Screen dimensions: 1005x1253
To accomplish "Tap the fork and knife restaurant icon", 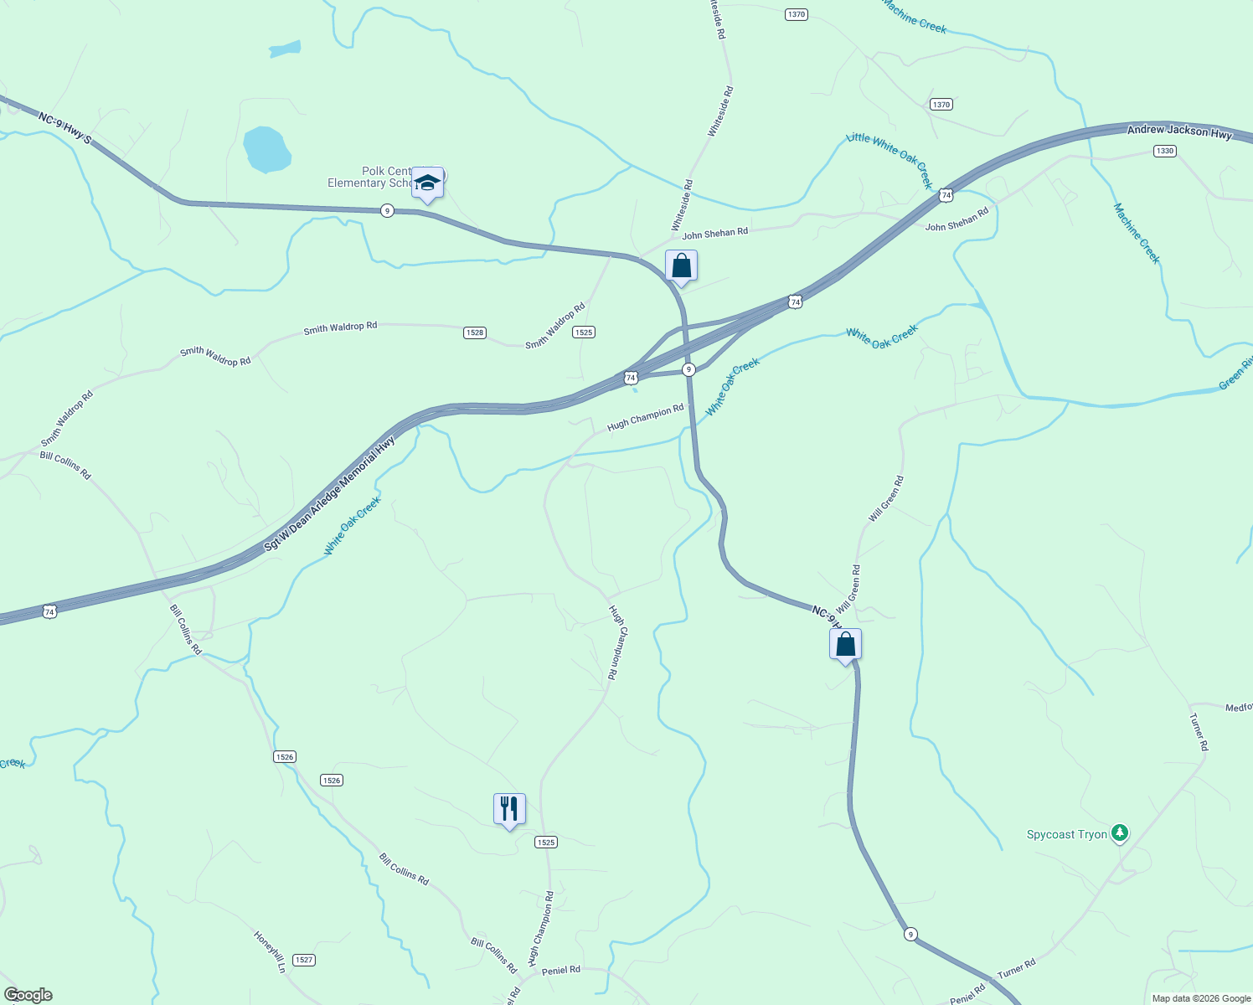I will click(509, 809).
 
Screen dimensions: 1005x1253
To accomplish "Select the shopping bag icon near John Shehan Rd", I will click(681, 266).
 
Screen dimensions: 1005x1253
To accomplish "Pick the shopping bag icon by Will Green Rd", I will click(845, 645).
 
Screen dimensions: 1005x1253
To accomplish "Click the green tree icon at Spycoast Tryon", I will click(1120, 833).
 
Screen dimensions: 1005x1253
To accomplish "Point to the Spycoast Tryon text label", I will click(1067, 835).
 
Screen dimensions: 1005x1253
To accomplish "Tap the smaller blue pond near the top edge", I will click(285, 49).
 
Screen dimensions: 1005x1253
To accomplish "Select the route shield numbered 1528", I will click(475, 332).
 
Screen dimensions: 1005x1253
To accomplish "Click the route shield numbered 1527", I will click(304, 960).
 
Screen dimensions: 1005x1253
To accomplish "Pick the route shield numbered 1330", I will click(1164, 151).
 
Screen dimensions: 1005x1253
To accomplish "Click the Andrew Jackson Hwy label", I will click(1179, 131).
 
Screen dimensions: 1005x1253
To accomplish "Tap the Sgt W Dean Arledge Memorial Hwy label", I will click(329, 494).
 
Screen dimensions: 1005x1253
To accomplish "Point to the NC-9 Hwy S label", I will click(64, 126).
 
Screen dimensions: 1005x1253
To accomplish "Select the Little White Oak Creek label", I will click(889, 159).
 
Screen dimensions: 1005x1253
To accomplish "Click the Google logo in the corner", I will click(28, 995).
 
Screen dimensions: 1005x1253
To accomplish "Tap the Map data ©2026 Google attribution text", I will click(1201, 998).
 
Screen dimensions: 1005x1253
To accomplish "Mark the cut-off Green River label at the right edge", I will click(1235, 374).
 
